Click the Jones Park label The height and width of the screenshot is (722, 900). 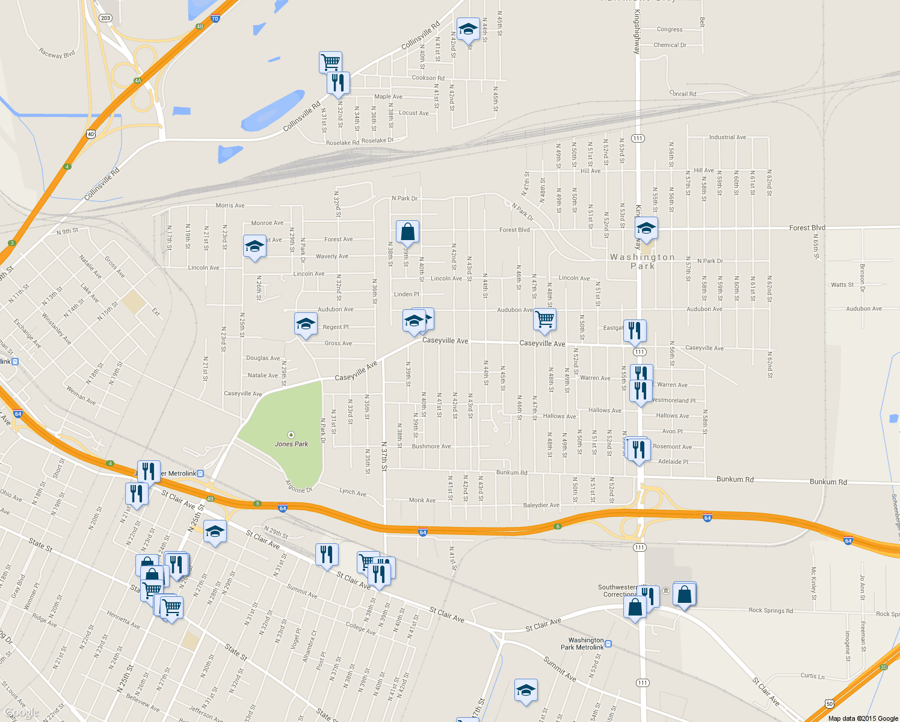click(291, 444)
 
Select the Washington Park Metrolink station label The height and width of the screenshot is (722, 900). click(582, 644)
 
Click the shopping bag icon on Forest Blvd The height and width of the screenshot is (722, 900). click(407, 231)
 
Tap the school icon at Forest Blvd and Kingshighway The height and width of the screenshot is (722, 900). click(646, 229)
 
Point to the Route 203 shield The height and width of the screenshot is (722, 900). click(106, 18)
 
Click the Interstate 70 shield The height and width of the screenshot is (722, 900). click(215, 19)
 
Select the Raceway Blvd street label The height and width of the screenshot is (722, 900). click(57, 54)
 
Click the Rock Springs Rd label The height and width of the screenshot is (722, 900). click(771, 611)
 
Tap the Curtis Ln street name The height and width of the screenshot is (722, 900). click(813, 676)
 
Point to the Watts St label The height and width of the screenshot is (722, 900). click(842, 285)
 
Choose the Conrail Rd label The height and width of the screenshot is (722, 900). click(683, 94)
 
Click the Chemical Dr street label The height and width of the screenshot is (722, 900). click(670, 45)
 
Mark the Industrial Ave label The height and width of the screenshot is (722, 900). click(727, 137)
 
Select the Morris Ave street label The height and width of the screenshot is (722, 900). click(230, 206)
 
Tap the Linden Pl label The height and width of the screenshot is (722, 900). click(407, 294)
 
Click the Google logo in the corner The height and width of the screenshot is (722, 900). click(22, 713)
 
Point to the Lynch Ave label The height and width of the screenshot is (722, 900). click(353, 492)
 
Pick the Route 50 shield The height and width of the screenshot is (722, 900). click(830, 703)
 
